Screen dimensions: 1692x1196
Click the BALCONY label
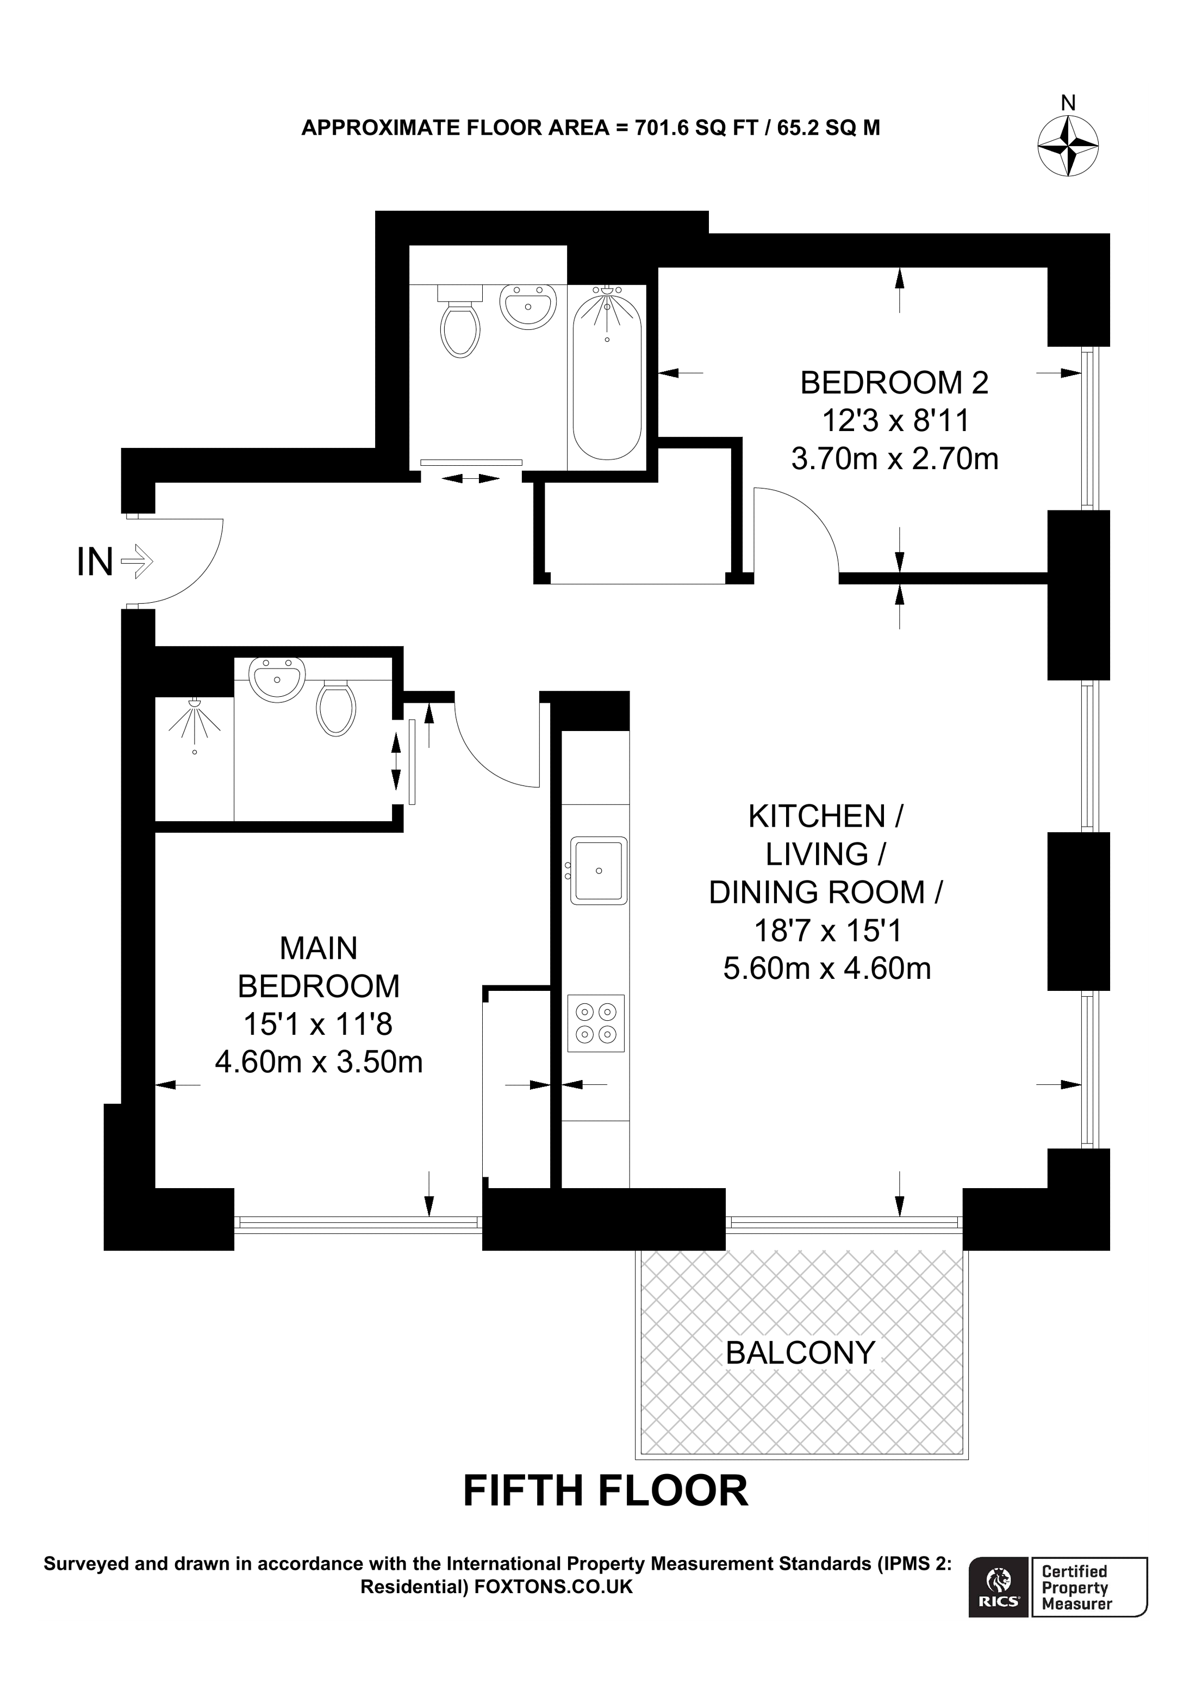click(800, 1352)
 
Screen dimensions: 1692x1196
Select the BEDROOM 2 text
click(894, 383)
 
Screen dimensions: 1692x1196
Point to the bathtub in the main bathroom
click(607, 376)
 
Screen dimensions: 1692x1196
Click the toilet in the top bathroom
click(460, 325)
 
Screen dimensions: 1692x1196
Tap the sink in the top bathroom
click(528, 306)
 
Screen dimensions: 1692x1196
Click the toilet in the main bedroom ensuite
click(336, 708)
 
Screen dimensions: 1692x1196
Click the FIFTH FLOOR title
click(605, 1491)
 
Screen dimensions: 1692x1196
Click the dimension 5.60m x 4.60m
click(827, 969)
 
